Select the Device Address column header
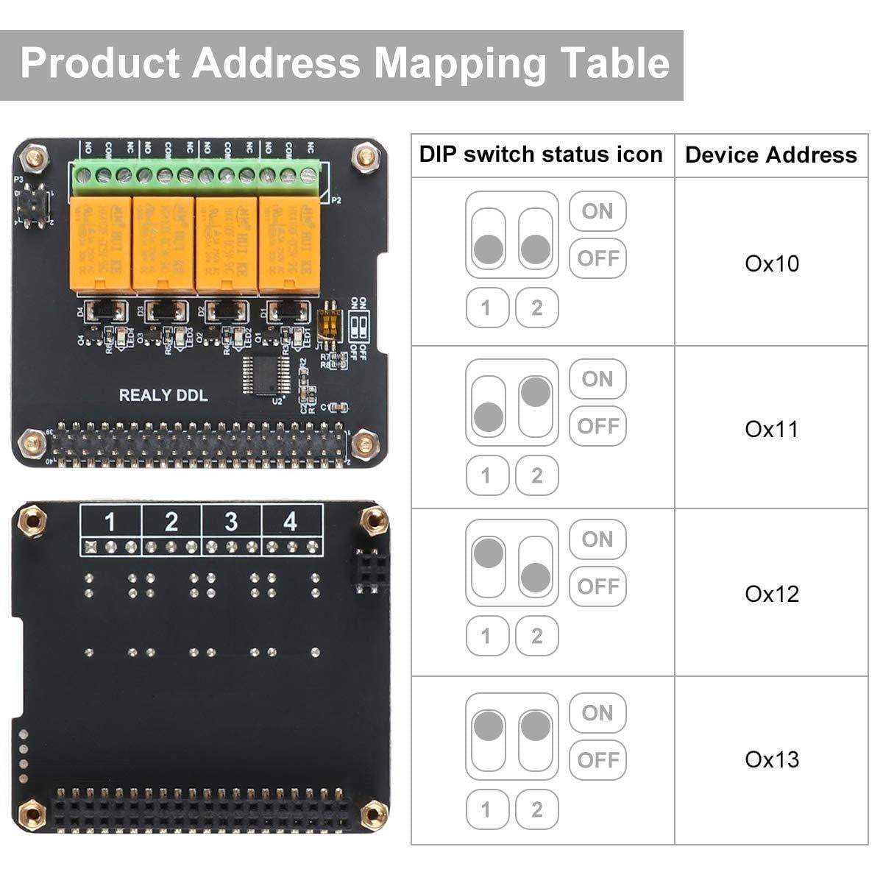(x=770, y=155)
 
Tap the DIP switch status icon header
(x=541, y=155)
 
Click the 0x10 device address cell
(x=771, y=263)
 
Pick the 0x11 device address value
(x=771, y=429)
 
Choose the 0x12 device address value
(x=771, y=594)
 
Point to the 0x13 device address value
(x=771, y=759)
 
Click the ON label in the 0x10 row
(x=597, y=212)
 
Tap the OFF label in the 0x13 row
(x=597, y=760)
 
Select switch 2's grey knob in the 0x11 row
(x=536, y=392)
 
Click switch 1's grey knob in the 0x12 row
(x=489, y=553)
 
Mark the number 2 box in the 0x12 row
(x=536, y=636)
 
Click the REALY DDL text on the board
(x=163, y=395)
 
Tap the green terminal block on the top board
(x=196, y=175)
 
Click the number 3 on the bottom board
(x=231, y=522)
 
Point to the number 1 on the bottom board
(x=110, y=522)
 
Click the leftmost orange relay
(x=100, y=243)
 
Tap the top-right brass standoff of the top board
(x=363, y=156)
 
